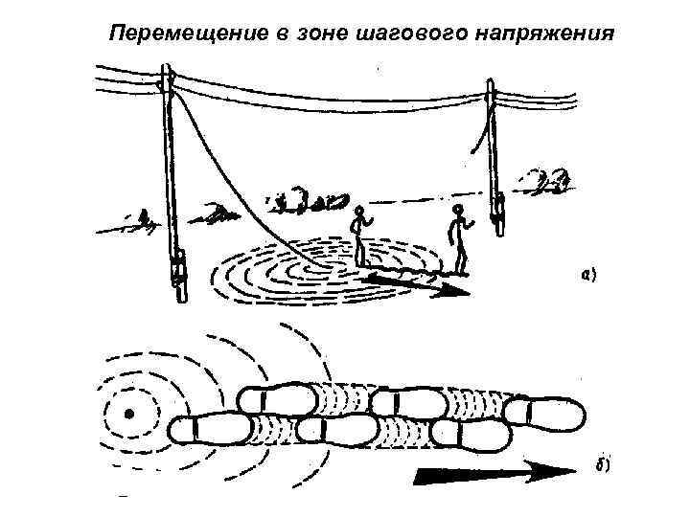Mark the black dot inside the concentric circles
pos(127,415)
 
